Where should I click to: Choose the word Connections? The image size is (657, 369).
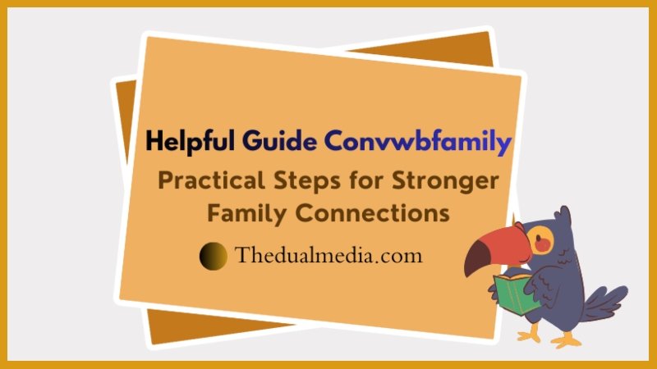(373, 213)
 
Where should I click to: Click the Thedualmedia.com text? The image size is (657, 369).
(328, 255)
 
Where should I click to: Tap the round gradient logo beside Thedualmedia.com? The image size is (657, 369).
(214, 256)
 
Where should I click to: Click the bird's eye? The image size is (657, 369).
(538, 240)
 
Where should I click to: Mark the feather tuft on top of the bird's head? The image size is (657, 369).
(561, 216)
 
